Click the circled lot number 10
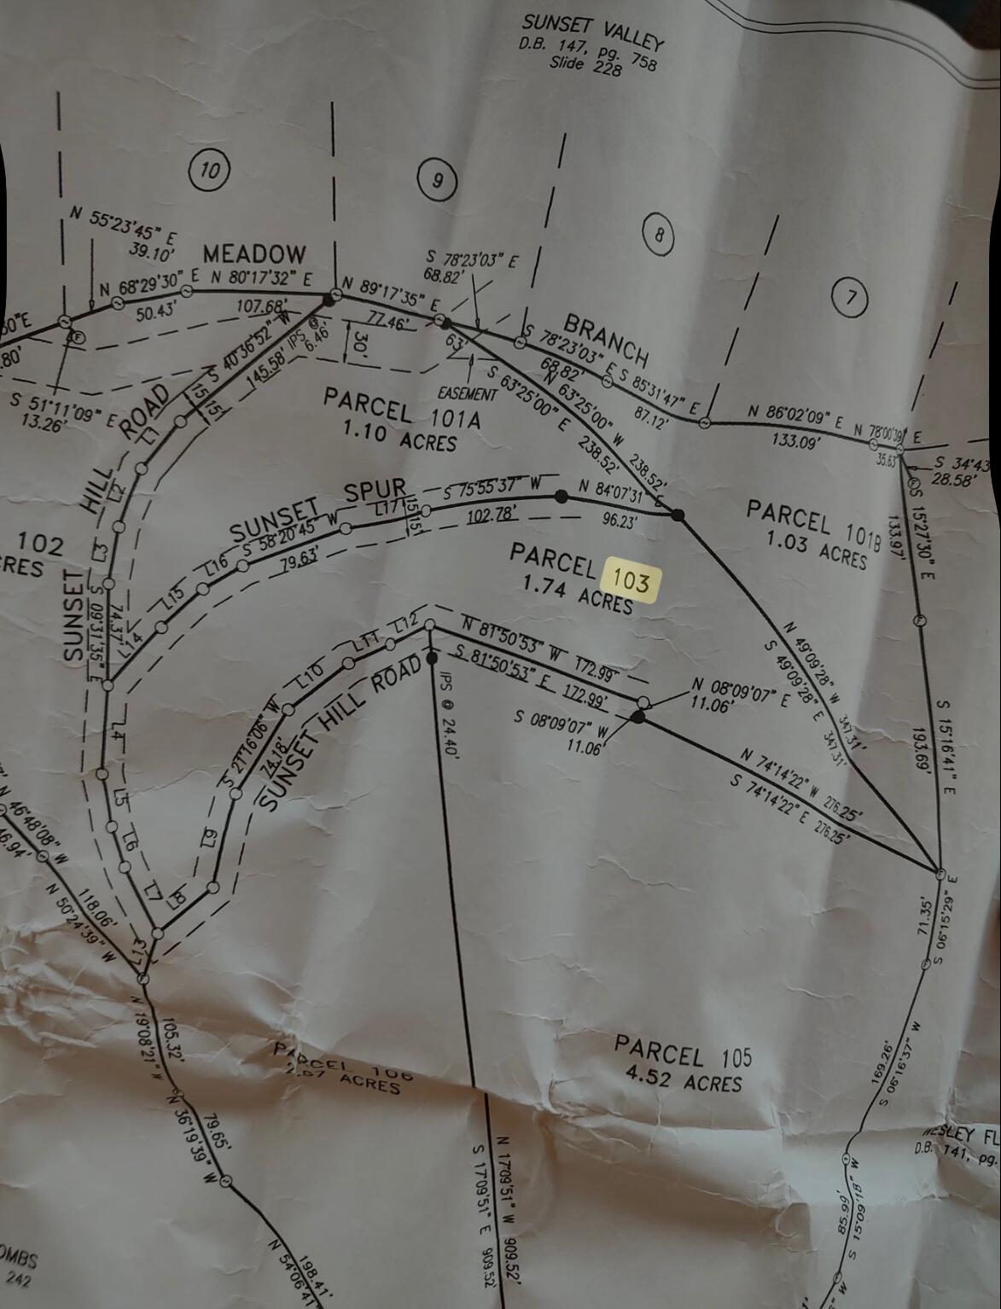tap(210, 170)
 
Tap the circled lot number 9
tap(438, 180)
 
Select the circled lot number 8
tap(658, 235)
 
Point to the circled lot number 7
tap(849, 297)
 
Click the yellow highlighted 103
tap(631, 582)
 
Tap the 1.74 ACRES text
tap(577, 593)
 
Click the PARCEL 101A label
tap(402, 408)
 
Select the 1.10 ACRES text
tap(399, 435)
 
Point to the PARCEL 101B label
tap(812, 522)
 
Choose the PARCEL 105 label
tap(684, 1051)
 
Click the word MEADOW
tap(253, 253)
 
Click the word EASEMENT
tap(468, 394)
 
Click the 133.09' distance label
tap(794, 441)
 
